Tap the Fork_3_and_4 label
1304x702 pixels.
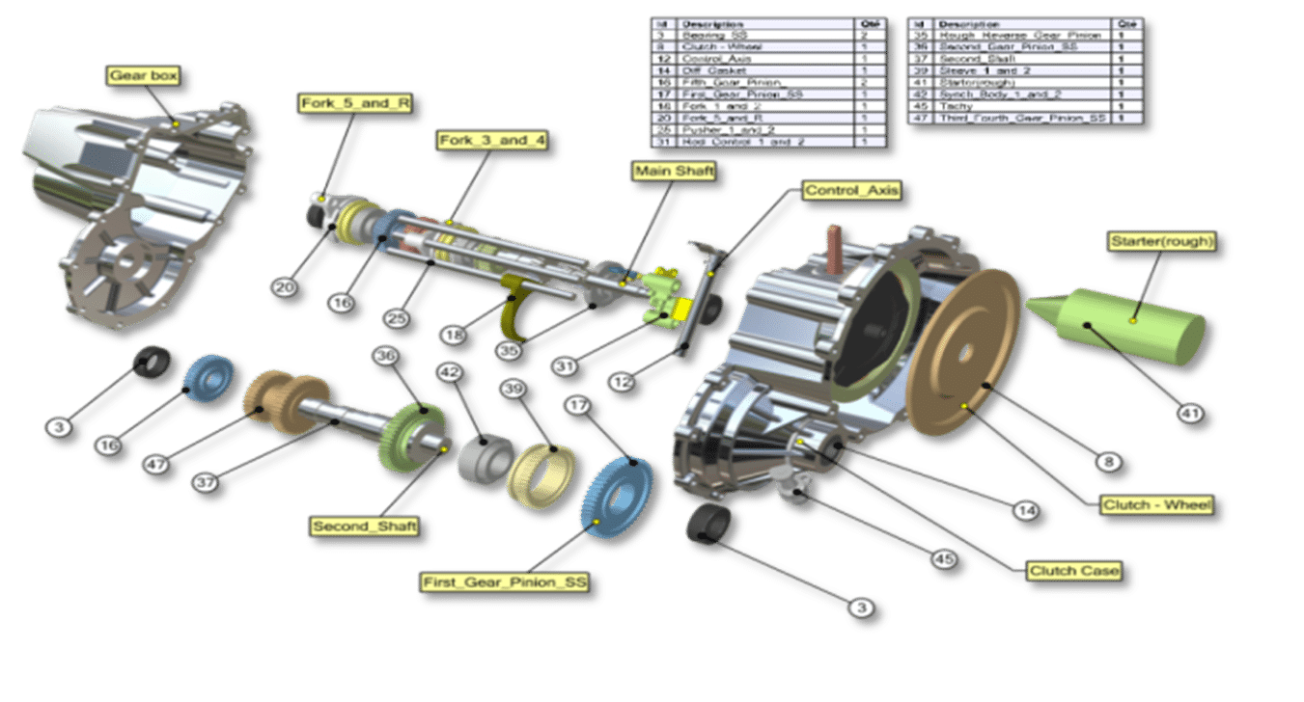coord(492,141)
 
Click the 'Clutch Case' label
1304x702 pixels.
coord(1073,571)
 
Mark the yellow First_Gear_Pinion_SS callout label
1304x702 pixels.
coord(504,582)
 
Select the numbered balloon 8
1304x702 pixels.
coord(1109,462)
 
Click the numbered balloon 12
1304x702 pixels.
coord(624,382)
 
